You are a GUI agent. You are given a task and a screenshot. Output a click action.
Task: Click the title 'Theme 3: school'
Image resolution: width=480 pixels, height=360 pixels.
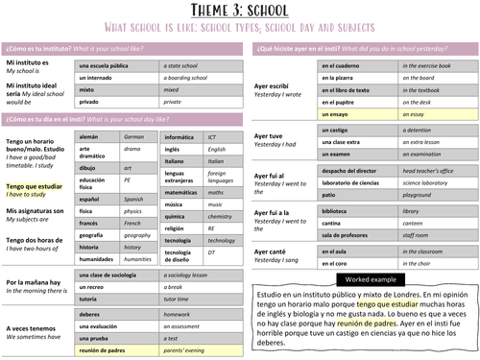(x=239, y=12)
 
